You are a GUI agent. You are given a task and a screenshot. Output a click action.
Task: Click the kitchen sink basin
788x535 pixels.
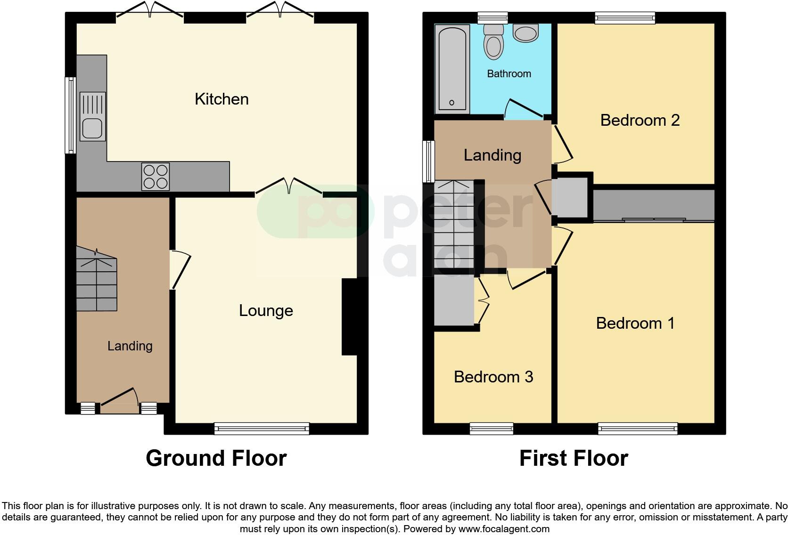pos(92,129)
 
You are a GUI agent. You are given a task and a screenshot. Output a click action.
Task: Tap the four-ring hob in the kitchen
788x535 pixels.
pos(156,176)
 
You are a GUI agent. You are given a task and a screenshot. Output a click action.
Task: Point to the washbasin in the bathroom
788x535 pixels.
pos(526,33)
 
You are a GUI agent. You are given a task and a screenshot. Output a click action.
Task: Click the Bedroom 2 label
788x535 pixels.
pos(640,120)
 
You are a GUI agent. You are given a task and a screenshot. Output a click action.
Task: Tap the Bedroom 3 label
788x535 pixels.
pos(493,377)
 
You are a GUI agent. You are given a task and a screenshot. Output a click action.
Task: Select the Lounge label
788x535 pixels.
pos(266,310)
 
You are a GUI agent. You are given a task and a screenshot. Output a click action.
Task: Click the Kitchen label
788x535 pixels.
pos(222,99)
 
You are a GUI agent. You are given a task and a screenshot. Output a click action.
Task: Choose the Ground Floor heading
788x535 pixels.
pos(216,458)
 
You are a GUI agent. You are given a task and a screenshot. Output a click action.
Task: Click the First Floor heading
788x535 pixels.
pos(574,458)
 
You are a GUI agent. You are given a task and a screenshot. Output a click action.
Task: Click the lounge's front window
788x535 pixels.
pos(262,428)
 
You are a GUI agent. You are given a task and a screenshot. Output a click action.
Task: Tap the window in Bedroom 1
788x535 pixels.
pos(638,428)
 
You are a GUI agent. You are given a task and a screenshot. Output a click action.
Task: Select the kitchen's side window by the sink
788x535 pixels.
pos(70,115)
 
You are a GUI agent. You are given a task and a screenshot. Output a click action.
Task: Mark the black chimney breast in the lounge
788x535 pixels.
pos(349,316)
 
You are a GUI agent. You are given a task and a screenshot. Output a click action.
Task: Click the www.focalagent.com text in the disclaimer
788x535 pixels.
pos(503,529)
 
